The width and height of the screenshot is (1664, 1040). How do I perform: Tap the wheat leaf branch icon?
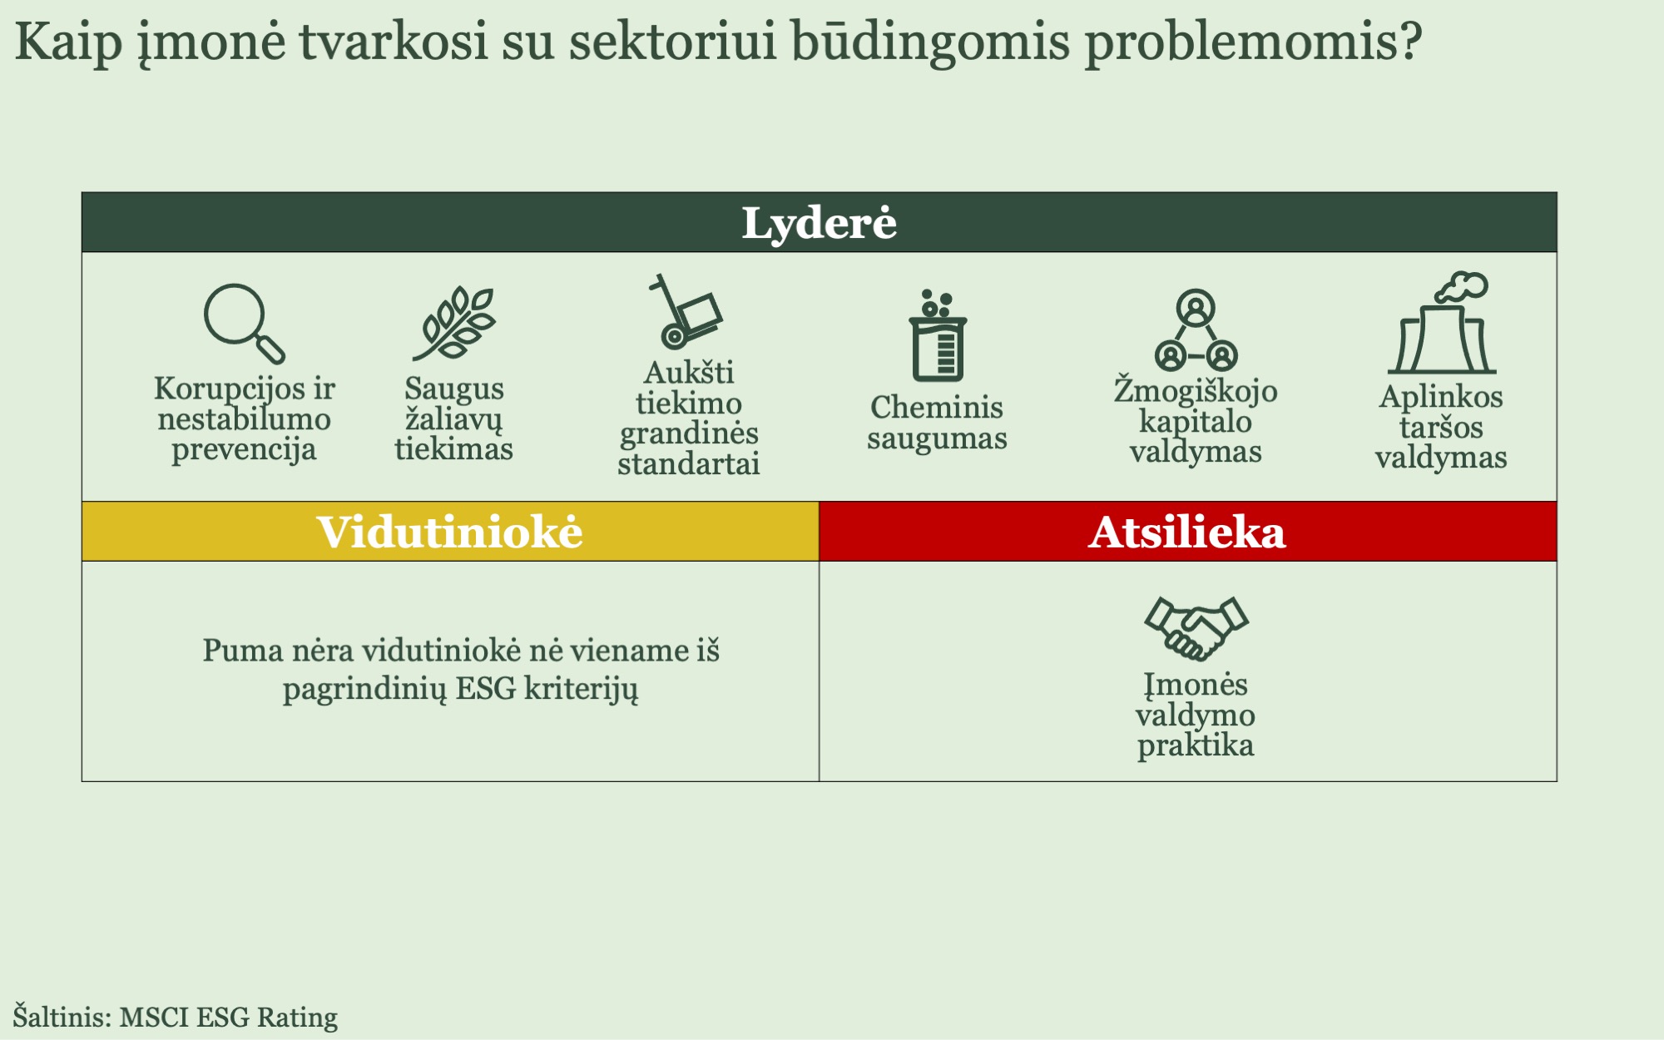(x=454, y=324)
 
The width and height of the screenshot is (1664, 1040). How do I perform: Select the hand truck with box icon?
(x=686, y=311)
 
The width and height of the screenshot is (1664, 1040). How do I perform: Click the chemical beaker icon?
(x=938, y=335)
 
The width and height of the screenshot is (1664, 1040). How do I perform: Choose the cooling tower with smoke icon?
(x=1441, y=323)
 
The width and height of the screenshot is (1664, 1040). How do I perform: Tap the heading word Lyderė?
(x=820, y=223)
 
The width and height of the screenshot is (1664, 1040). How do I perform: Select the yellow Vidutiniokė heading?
(x=450, y=532)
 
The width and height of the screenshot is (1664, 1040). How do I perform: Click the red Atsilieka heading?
(x=1188, y=532)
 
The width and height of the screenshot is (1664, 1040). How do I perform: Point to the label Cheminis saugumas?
(x=937, y=423)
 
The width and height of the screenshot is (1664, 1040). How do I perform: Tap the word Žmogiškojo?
(x=1196, y=389)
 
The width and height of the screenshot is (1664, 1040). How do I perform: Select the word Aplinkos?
(x=1441, y=397)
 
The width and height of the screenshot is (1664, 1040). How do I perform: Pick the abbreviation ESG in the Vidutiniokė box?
(x=486, y=689)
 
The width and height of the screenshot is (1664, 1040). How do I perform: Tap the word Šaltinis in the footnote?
(x=62, y=1016)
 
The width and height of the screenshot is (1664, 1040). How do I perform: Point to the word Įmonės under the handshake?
(x=1196, y=686)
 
